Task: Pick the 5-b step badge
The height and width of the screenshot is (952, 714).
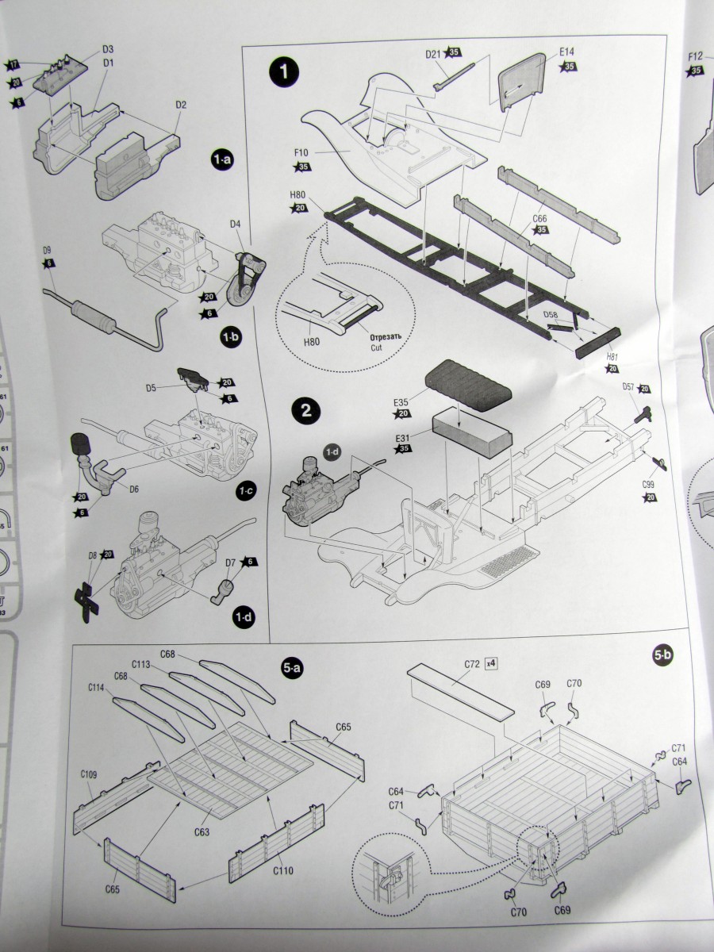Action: (x=662, y=654)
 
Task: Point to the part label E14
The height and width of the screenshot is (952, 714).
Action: (x=566, y=52)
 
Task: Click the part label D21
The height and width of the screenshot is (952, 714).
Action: (x=433, y=54)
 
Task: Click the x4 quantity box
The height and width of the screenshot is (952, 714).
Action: (x=493, y=662)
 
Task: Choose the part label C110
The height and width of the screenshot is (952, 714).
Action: (x=283, y=870)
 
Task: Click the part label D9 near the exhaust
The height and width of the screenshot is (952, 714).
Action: (x=48, y=251)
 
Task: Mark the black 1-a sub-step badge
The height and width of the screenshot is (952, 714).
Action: (x=221, y=159)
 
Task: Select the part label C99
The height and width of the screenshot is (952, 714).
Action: (x=648, y=483)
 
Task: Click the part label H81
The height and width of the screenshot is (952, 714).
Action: (x=612, y=357)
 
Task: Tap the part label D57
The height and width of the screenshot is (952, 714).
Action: (x=628, y=386)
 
